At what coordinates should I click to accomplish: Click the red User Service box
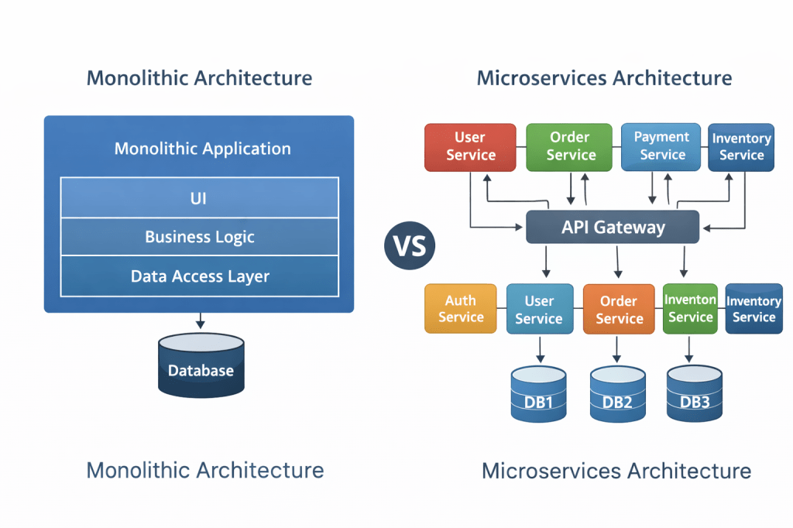(470, 146)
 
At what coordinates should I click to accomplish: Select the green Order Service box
(570, 146)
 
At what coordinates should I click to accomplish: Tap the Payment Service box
(661, 146)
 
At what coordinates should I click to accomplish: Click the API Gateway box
(613, 228)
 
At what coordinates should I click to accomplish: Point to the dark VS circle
(410, 246)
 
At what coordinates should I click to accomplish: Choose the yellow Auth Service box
(461, 309)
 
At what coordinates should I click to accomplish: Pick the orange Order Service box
(619, 309)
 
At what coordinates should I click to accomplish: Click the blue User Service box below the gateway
(539, 309)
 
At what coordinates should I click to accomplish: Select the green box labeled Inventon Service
(690, 308)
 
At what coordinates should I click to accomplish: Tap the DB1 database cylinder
(538, 395)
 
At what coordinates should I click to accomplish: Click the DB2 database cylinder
(617, 395)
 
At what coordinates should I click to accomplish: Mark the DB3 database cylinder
(694, 395)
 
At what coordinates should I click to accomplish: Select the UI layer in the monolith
(199, 198)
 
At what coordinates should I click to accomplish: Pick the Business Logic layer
(199, 237)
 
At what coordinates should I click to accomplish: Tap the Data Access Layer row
(199, 276)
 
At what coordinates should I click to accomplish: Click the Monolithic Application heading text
(202, 149)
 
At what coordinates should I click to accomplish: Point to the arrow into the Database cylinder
(200, 321)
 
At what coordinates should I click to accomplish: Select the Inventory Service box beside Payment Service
(741, 146)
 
